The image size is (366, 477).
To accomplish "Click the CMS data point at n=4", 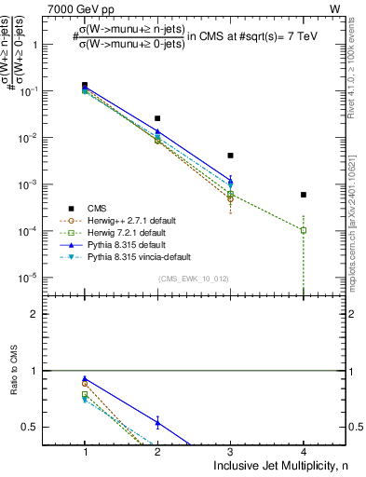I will [304, 195].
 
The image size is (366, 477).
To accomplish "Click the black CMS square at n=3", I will [230, 156].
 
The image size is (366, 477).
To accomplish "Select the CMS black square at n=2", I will [157, 118].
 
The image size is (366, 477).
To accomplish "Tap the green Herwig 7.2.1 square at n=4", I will [304, 230].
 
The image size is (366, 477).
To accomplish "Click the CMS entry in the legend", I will [97, 208].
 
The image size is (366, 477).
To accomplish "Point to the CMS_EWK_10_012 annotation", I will [194, 279].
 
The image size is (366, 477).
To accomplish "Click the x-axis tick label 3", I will [230, 452].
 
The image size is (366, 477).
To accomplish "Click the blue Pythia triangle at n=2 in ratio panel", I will [157, 423].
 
